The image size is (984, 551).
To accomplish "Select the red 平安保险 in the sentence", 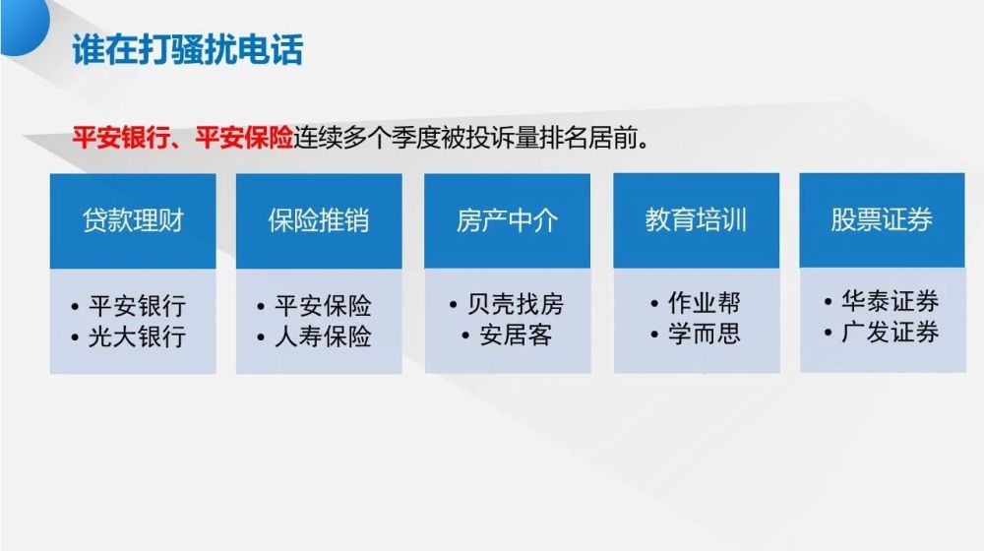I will (244, 138).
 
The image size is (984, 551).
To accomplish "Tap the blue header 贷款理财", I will (133, 220).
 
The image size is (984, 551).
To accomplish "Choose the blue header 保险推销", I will (319, 220).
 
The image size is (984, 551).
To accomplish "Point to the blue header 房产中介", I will (507, 220).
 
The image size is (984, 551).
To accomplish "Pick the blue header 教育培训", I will (696, 220).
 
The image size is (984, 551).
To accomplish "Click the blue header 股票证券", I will (882, 220).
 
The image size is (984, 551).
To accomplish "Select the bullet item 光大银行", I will (137, 337).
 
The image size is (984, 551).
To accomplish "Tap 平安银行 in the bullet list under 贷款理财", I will (137, 305).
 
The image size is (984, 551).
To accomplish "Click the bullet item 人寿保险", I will (323, 337).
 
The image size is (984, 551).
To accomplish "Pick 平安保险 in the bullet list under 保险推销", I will (323, 305).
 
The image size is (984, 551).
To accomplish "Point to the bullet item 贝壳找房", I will (516, 304).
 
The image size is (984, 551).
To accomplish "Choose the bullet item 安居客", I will (516, 336).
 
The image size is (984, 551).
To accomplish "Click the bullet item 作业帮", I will (704, 302).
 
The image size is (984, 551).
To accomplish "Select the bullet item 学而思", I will (704, 334).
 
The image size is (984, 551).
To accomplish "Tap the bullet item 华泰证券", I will (890, 301).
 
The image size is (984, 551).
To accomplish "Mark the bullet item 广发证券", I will (890, 333).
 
